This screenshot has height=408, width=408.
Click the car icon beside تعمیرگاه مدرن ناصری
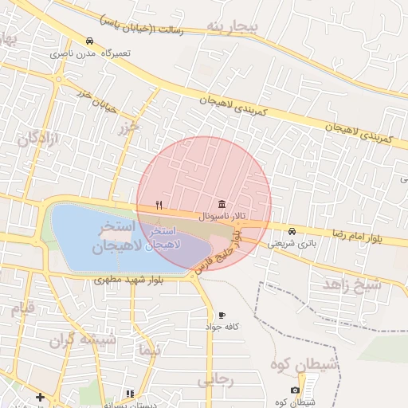tap(89, 41)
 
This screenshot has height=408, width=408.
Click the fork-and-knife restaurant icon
tap(159, 205)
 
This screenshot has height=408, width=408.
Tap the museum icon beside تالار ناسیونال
tap(221, 203)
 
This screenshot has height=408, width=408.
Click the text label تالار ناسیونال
tap(222, 216)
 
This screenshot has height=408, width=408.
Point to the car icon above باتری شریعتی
tap(292, 231)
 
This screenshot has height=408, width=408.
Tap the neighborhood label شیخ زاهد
tap(351, 284)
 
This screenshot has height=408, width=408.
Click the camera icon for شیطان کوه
tap(296, 390)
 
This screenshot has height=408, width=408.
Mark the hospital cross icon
tap(40, 396)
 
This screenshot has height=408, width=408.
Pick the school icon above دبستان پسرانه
tap(129, 393)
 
